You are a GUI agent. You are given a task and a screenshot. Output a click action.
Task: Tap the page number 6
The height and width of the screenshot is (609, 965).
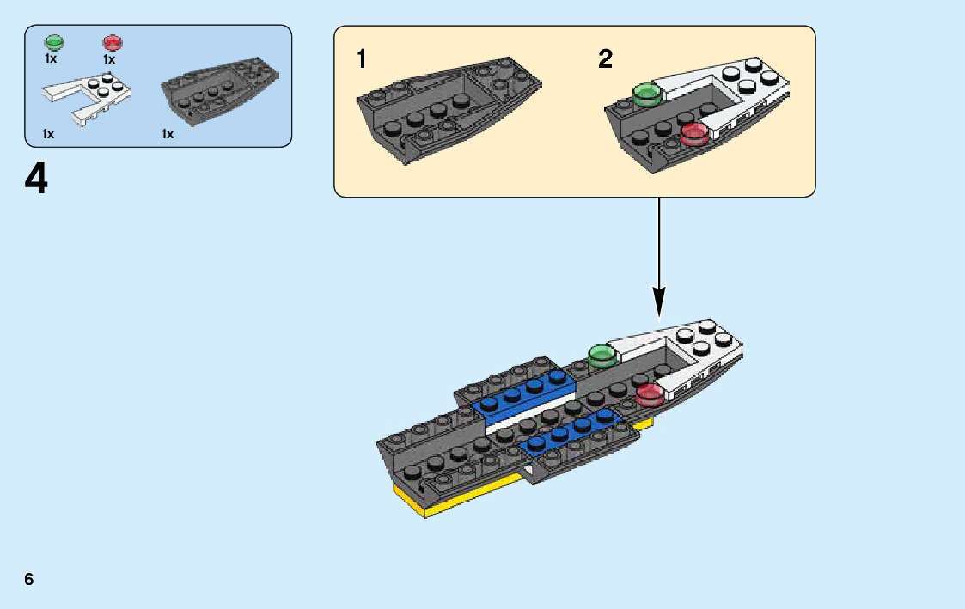point(29,579)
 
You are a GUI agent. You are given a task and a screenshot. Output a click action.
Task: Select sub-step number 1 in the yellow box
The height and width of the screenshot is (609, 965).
point(362,59)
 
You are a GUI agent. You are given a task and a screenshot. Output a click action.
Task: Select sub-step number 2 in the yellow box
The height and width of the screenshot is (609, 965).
point(606,59)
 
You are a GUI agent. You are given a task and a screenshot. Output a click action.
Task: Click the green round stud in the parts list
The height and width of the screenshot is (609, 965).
point(54,42)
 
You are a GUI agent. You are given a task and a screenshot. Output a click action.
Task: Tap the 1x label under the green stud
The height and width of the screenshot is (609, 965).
point(51,59)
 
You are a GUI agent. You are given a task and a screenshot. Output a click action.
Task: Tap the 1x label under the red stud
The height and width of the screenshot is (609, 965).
point(109,59)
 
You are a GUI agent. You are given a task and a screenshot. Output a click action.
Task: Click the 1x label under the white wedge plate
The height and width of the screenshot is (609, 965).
point(48,134)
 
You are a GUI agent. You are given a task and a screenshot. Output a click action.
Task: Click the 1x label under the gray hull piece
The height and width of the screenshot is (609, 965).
point(168,134)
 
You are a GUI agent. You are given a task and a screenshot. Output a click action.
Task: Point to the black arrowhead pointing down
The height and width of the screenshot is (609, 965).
point(659,302)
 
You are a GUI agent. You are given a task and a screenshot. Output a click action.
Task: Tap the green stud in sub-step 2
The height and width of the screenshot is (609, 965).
point(645,93)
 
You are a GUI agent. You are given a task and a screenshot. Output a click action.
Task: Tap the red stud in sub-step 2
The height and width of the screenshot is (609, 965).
point(693,132)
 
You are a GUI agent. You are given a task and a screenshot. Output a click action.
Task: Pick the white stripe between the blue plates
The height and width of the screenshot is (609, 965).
point(528,413)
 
